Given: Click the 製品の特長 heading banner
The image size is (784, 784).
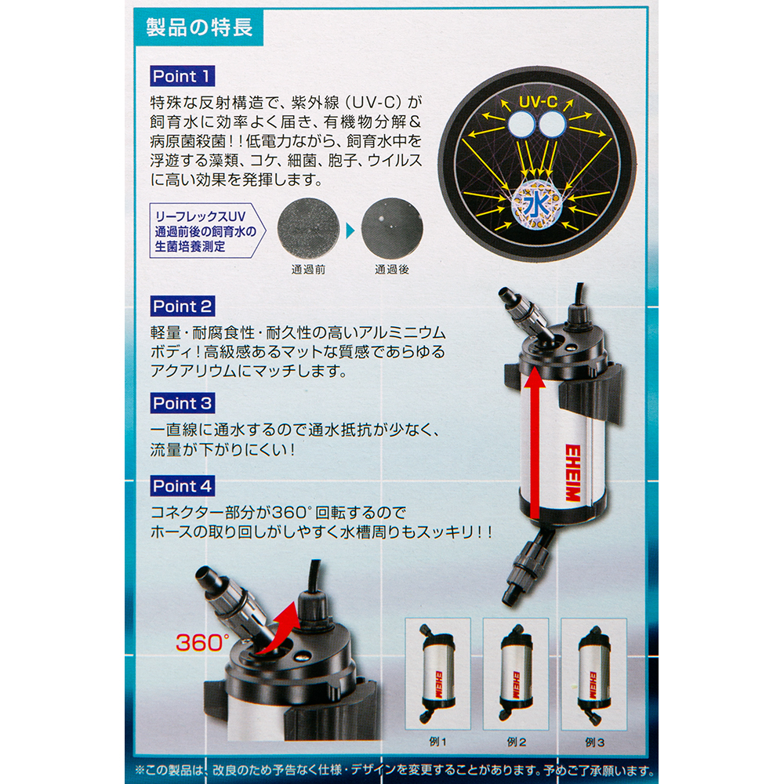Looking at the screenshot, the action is (199, 27).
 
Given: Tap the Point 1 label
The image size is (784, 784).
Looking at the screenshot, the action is (183, 77).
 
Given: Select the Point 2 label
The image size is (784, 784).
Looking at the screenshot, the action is (183, 306).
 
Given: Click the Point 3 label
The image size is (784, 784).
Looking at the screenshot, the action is (183, 403).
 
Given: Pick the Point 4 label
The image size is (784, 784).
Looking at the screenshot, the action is (183, 486).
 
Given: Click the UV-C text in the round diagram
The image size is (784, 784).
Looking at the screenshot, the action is (538, 102).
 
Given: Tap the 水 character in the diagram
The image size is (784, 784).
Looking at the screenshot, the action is (536, 204).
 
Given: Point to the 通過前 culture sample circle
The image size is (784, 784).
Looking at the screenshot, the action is (308, 228).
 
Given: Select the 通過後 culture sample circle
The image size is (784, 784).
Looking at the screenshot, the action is (392, 228).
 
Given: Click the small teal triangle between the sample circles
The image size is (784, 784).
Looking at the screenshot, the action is (350, 230).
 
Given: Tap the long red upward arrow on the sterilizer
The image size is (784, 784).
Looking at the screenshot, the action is (535, 442).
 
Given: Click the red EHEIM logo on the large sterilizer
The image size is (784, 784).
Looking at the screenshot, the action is (572, 473).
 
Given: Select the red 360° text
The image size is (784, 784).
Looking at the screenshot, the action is (202, 643).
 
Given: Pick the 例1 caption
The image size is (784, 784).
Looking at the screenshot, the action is (438, 742).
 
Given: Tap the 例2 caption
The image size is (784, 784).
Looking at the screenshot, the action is (517, 742).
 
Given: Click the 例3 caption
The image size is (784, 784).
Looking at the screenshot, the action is (595, 742).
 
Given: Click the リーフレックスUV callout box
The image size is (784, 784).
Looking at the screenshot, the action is (207, 230).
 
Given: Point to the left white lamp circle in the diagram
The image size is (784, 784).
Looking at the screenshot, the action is (521, 125).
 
